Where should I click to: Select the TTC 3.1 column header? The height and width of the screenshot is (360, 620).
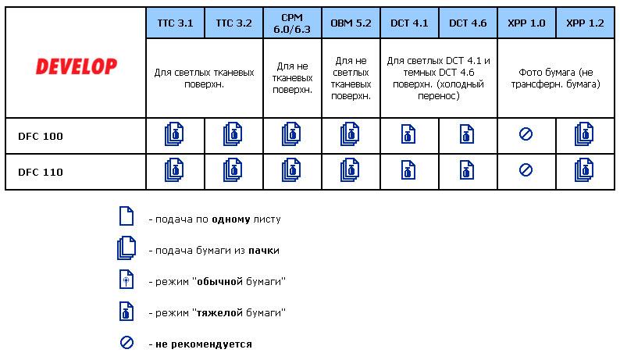pyautogui.click(x=175, y=23)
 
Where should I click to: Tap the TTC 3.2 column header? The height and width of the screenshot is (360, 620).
pyautogui.click(x=233, y=23)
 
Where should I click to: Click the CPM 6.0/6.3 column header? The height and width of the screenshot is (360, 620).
pyautogui.click(x=292, y=23)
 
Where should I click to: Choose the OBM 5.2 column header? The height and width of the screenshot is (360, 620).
pyautogui.click(x=351, y=23)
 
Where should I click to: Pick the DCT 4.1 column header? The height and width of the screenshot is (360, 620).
pyautogui.click(x=409, y=23)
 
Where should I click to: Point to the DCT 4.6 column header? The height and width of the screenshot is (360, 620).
pyautogui.click(x=468, y=23)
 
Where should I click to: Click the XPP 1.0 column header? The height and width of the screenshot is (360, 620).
pyautogui.click(x=526, y=23)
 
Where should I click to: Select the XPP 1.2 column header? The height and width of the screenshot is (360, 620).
pyautogui.click(x=585, y=23)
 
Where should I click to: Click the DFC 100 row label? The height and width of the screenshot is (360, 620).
pyautogui.click(x=41, y=136)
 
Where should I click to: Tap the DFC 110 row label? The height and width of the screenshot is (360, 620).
pyautogui.click(x=41, y=172)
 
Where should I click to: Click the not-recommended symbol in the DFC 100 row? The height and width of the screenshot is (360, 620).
pyautogui.click(x=526, y=135)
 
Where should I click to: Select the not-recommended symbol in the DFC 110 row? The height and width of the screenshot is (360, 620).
pyautogui.click(x=526, y=169)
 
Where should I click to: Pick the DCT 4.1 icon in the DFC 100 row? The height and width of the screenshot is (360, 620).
pyautogui.click(x=408, y=135)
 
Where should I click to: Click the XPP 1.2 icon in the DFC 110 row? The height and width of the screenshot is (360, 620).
pyautogui.click(x=583, y=170)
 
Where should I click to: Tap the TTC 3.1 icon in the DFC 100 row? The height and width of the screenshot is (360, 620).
pyautogui.click(x=174, y=135)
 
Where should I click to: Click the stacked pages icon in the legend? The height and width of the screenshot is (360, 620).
pyautogui.click(x=126, y=249)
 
